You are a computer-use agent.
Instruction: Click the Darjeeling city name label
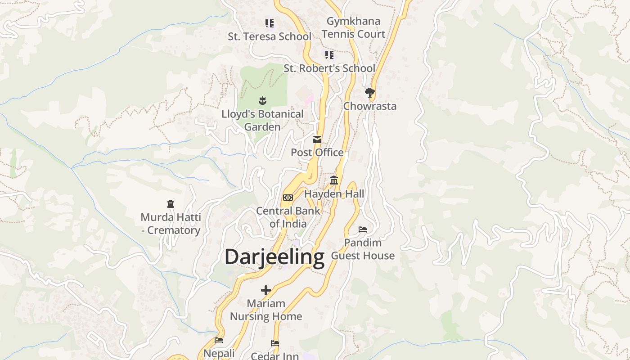274,258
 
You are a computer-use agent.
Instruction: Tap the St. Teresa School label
269,36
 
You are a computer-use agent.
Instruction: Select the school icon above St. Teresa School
269,23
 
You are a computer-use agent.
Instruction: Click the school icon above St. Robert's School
329,55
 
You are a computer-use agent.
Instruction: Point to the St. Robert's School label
329,68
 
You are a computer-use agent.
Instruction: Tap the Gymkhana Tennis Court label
353,27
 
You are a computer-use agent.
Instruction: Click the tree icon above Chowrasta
370,93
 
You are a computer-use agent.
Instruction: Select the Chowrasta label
370,106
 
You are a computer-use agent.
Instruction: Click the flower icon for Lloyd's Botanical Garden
262,100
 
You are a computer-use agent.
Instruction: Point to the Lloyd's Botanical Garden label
262,121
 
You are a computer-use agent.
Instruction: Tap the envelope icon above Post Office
317,139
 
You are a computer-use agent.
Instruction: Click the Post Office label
317,153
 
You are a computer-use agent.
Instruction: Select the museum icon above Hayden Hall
334,180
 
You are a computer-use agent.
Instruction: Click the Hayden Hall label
334,194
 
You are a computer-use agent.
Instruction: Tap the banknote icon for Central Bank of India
288,198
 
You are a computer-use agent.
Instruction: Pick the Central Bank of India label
288,217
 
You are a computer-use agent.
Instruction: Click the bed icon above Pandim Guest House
363,229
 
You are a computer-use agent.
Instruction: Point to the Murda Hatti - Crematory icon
171,204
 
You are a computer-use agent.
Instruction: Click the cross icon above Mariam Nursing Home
266,290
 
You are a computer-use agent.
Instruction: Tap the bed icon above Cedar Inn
275,343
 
